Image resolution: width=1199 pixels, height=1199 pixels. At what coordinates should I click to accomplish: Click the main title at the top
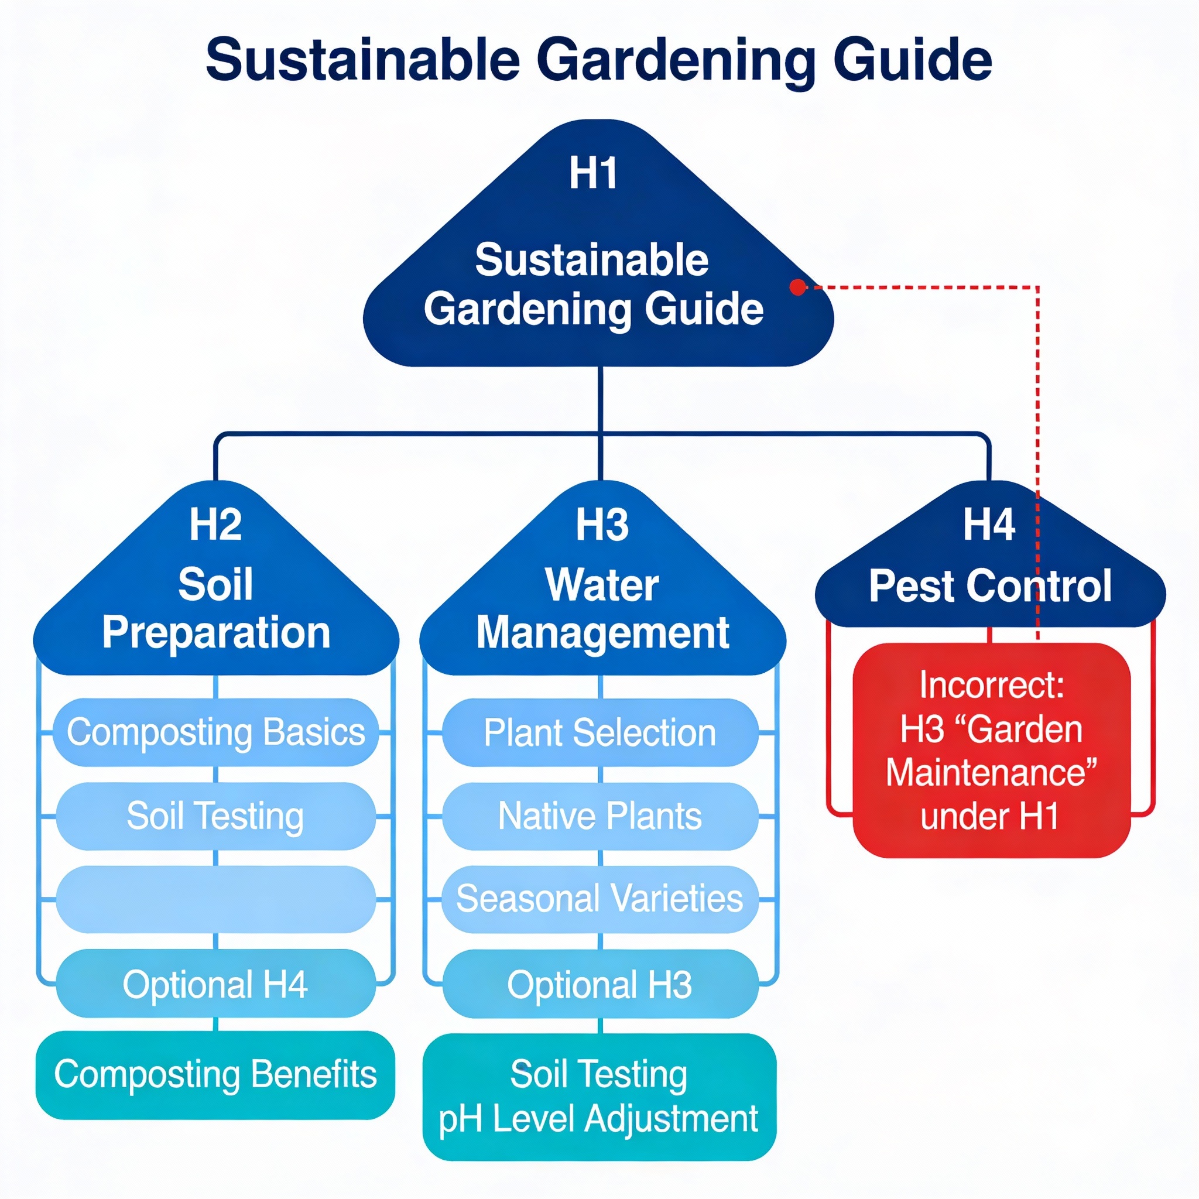[x=599, y=60]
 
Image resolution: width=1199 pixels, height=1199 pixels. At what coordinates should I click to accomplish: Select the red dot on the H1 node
[x=797, y=287]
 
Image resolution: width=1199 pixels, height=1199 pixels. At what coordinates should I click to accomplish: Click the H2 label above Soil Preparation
[x=215, y=525]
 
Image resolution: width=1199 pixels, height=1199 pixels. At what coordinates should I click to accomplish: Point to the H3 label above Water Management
[x=601, y=525]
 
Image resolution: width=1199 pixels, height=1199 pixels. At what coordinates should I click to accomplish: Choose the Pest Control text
[x=990, y=586]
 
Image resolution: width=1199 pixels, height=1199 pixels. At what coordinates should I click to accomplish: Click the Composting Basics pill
[x=215, y=732]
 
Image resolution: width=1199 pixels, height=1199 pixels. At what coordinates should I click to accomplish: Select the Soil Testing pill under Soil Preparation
[x=215, y=816]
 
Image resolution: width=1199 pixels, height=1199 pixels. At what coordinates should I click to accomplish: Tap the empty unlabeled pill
[x=215, y=899]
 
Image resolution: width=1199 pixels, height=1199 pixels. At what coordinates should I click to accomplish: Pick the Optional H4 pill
[x=215, y=984]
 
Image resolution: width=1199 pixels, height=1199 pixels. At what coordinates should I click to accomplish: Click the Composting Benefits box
[x=215, y=1075]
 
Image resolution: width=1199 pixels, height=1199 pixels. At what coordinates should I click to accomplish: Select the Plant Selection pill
[x=600, y=732]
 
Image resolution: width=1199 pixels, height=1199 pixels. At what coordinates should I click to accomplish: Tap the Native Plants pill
[x=600, y=816]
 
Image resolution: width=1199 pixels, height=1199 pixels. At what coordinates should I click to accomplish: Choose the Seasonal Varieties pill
[x=600, y=899]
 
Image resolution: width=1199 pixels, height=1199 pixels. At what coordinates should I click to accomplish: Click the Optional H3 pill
[x=600, y=984]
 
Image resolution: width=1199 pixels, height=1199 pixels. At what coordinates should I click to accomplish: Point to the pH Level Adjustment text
[x=599, y=1119]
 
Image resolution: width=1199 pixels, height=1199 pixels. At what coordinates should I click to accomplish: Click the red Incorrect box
[x=991, y=751]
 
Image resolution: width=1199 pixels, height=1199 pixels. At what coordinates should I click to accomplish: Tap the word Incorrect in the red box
[x=991, y=684]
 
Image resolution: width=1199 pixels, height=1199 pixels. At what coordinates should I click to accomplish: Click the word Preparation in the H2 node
[x=216, y=633]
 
